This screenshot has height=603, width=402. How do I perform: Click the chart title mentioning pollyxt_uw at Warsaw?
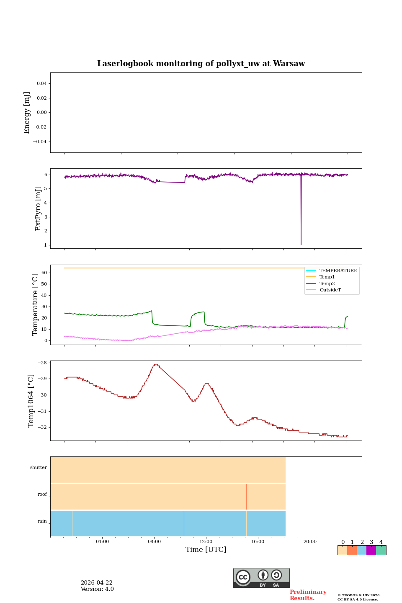pyautogui.click(x=201, y=64)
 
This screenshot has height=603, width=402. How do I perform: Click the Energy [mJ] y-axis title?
pyautogui.click(x=27, y=113)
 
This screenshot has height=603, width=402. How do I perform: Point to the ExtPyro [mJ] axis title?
pyautogui.click(x=38, y=209)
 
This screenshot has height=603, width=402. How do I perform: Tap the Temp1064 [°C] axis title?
pyautogui.click(x=31, y=401)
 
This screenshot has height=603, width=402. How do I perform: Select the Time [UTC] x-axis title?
pyautogui.click(x=206, y=550)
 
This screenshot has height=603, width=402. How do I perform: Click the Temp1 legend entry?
pyautogui.click(x=327, y=277)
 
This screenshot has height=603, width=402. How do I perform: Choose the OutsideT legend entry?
pyautogui.click(x=330, y=290)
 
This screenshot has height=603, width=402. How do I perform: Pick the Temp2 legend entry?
pyautogui.click(x=327, y=284)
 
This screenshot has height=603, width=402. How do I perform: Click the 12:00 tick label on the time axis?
pyautogui.click(x=206, y=542)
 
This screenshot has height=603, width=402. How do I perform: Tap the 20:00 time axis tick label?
pyautogui.click(x=310, y=542)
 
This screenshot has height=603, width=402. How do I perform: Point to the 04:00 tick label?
pyautogui.click(x=102, y=542)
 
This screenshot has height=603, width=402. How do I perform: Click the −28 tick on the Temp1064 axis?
pyautogui.click(x=42, y=363)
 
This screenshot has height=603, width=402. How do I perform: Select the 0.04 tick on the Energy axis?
pyautogui.click(x=41, y=84)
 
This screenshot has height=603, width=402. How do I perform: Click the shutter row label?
pyautogui.click(x=39, y=468)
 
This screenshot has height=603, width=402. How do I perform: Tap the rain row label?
pyautogui.click(x=42, y=521)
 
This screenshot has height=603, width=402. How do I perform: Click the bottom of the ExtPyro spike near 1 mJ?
pyautogui.click(x=301, y=244)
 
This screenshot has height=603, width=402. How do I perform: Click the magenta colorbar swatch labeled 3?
pyautogui.click(x=371, y=550)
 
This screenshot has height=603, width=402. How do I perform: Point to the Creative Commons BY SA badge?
pyautogui.click(x=261, y=578)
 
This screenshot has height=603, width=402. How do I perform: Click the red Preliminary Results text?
pyautogui.click(x=308, y=595)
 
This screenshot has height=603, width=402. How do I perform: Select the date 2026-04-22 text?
pyautogui.click(x=96, y=583)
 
